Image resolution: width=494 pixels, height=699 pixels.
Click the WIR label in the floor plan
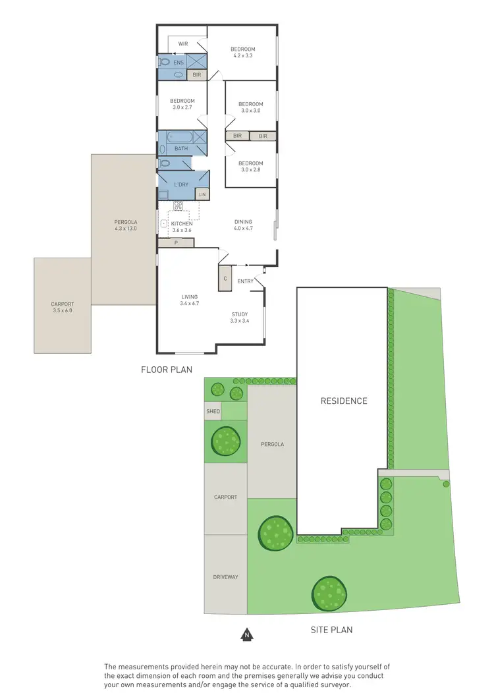[x=183, y=44]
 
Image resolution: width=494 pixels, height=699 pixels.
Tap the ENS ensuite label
[x=178, y=63]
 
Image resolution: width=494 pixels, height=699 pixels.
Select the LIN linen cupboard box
[x=202, y=194]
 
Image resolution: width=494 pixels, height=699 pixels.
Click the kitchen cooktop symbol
[x=178, y=206]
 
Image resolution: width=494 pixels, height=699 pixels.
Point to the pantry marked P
[x=176, y=243]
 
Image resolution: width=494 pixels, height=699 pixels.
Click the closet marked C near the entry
[x=225, y=279]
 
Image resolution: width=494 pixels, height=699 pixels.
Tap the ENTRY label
[x=245, y=281]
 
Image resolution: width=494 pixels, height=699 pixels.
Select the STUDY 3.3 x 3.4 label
[x=240, y=318]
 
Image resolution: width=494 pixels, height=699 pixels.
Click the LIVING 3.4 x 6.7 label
[x=190, y=300]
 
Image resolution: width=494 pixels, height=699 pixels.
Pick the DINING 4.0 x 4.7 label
[x=243, y=225]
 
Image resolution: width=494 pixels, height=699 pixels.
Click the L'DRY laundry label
[x=181, y=184]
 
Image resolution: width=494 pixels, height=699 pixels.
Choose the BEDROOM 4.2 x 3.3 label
[x=242, y=53]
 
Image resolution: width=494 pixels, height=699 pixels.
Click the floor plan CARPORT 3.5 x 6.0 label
[x=63, y=307]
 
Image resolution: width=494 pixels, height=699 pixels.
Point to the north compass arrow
[x=246, y=635]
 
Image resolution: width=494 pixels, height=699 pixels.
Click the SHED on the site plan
[x=213, y=411]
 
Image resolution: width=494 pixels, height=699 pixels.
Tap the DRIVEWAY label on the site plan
[x=225, y=577]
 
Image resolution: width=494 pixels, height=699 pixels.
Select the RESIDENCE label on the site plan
[x=344, y=401]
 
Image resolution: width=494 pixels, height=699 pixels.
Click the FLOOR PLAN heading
[x=167, y=370]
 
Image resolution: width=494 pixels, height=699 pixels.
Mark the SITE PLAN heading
[x=331, y=630]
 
